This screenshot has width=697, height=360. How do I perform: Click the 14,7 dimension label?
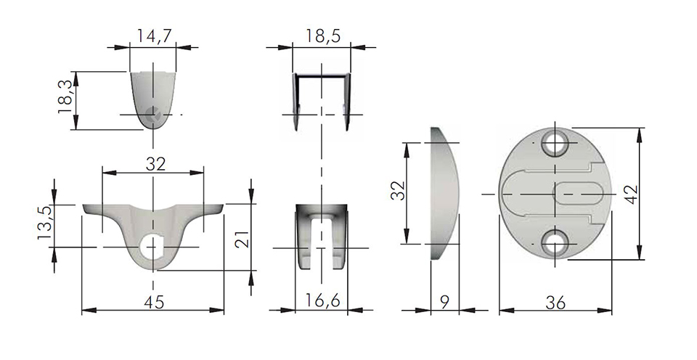(x=153, y=36)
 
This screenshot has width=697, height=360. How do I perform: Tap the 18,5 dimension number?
(x=322, y=36)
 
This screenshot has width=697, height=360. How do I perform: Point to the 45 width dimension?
(x=154, y=301)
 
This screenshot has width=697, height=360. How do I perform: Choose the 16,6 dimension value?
(x=322, y=301)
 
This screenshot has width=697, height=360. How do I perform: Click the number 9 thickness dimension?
(x=445, y=301)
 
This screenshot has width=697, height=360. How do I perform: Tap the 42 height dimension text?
(x=631, y=195)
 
